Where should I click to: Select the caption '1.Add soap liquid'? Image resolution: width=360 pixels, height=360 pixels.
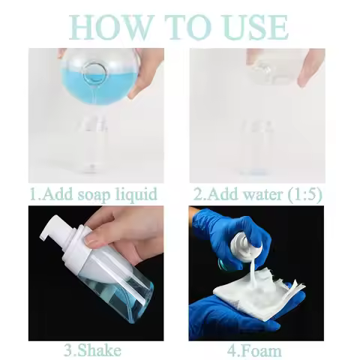(x=94, y=194)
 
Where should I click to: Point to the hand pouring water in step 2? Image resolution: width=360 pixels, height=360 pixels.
(x=309, y=66)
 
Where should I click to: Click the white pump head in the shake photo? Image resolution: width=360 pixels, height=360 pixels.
(x=63, y=229)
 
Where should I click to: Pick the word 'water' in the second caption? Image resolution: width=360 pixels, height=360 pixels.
(x=255, y=194)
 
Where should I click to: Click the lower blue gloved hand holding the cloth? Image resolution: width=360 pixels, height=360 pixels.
(x=225, y=315)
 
